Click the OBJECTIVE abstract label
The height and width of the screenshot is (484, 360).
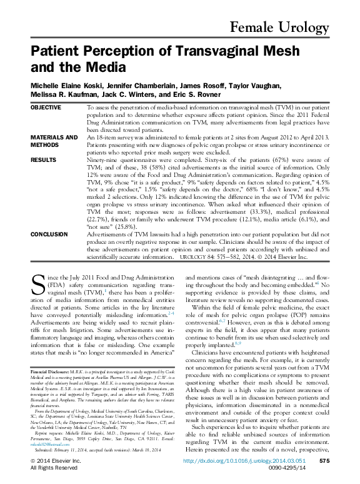click(x=46, y=108)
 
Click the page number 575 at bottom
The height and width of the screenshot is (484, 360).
click(x=324, y=460)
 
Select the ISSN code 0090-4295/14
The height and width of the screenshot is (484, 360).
click(x=304, y=468)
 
